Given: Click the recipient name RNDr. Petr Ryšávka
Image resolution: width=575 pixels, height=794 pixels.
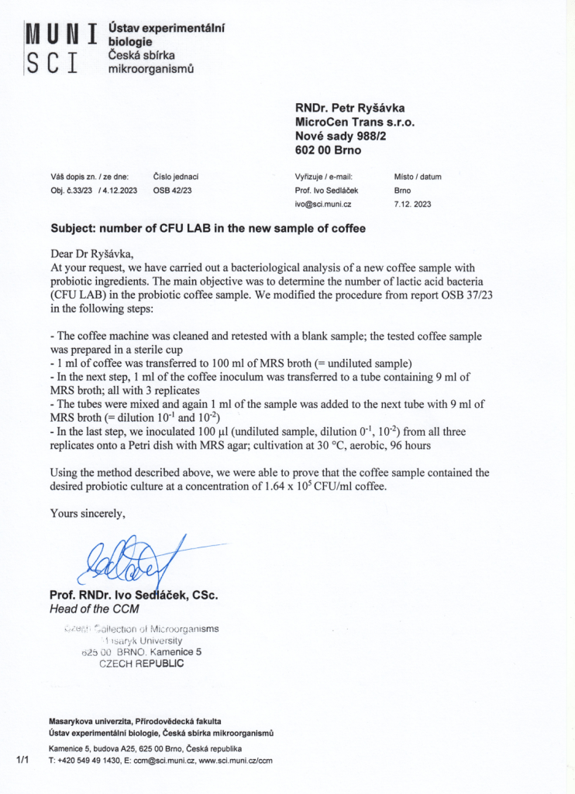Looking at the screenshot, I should [x=349, y=108].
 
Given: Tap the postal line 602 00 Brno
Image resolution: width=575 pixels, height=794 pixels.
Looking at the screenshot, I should [x=329, y=150].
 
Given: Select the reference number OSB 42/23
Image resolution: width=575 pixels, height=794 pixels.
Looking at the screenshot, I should [x=172, y=191].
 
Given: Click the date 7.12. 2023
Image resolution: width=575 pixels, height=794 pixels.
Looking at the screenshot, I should [x=412, y=205].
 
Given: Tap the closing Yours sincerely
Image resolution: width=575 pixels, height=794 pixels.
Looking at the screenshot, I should [x=87, y=513].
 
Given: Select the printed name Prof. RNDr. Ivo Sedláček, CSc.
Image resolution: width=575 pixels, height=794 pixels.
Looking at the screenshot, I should [x=133, y=595].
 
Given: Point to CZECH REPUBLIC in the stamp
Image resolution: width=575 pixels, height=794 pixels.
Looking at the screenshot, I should [x=142, y=664].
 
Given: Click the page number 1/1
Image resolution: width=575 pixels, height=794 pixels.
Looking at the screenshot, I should [x=22, y=760].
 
